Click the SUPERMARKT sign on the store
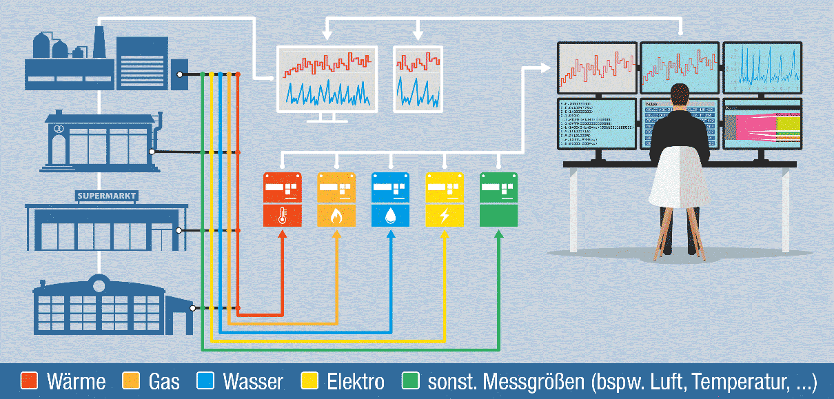pyautogui.click(x=107, y=196)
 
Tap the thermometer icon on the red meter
pyautogui.click(x=281, y=216)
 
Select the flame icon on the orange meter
pyautogui.click(x=336, y=216)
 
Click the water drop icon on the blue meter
pyautogui.click(x=391, y=216)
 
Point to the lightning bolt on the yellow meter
pyautogui.click(x=445, y=216)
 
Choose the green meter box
pyautogui.click(x=498, y=200)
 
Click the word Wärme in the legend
pyautogui.click(x=76, y=381)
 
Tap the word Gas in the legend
pyautogui.click(x=164, y=381)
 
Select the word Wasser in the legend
pyautogui.click(x=252, y=381)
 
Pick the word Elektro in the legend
pyautogui.click(x=356, y=381)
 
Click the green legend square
pyautogui.click(x=411, y=381)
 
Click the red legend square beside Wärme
pyautogui.click(x=29, y=381)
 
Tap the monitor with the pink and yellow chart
pyautogui.click(x=762, y=124)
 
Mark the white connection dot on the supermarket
pyautogui.click(x=179, y=231)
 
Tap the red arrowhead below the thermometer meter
pyautogui.click(x=281, y=235)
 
